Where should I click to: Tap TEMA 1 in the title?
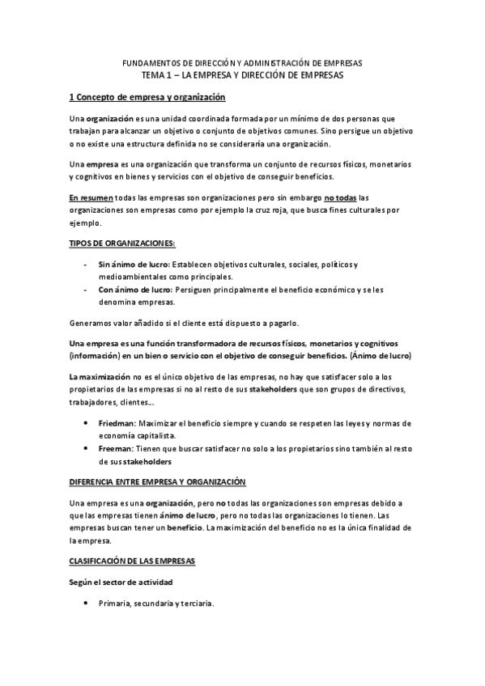coord(158,74)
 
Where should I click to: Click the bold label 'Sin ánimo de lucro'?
coord(130,265)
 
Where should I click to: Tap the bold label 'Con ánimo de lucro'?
coord(131,289)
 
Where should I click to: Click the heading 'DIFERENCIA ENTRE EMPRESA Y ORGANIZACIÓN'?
coord(157,482)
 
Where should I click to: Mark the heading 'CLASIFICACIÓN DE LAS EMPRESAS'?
coord(132,561)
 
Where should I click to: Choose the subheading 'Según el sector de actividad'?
coord(121,582)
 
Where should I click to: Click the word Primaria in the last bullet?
coord(114,603)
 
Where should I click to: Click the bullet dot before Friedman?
coord(87,423)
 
